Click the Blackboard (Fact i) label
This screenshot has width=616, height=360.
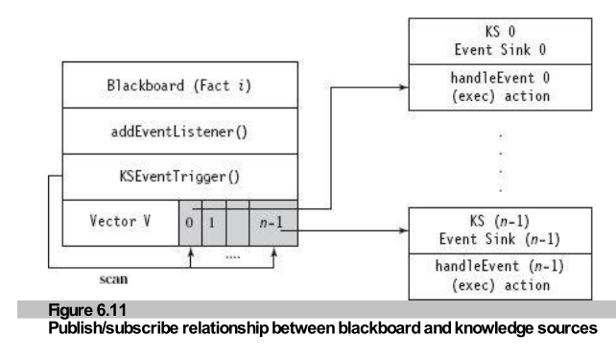(x=179, y=85)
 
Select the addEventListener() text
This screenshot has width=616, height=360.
(x=179, y=132)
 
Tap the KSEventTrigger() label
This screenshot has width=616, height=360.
(x=179, y=177)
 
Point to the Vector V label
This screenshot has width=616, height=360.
(x=120, y=221)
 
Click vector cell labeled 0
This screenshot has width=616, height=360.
(x=190, y=224)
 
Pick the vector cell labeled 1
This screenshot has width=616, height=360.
(x=214, y=224)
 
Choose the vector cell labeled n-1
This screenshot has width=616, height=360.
(x=273, y=224)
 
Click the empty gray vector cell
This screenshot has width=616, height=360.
(x=237, y=224)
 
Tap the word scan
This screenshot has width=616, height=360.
(x=113, y=279)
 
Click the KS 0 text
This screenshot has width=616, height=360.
(x=500, y=32)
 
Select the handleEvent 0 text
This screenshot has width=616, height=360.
(x=500, y=78)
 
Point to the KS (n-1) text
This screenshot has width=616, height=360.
(x=500, y=221)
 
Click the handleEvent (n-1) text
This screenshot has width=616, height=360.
(x=500, y=267)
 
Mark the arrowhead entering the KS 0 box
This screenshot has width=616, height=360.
(x=404, y=87)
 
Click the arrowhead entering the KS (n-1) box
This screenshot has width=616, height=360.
(x=404, y=230)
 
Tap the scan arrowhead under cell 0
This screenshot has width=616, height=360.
(x=191, y=252)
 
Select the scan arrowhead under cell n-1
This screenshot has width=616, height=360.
(x=274, y=252)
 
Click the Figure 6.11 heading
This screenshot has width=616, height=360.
(x=87, y=310)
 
